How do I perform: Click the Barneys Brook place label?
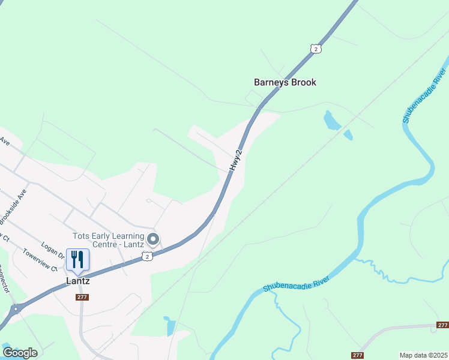(x=285, y=82)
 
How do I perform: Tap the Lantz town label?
(x=77, y=281)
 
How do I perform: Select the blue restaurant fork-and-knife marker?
(x=77, y=259)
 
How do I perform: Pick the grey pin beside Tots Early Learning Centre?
(x=153, y=240)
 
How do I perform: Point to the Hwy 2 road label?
(x=236, y=162)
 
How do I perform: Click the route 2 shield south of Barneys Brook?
(x=316, y=49)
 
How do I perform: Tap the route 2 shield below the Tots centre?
(x=147, y=256)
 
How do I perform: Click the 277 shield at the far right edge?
(x=442, y=325)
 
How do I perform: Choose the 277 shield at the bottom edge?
(x=357, y=355)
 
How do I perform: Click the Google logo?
(x=20, y=353)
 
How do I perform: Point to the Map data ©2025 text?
(x=423, y=355)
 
